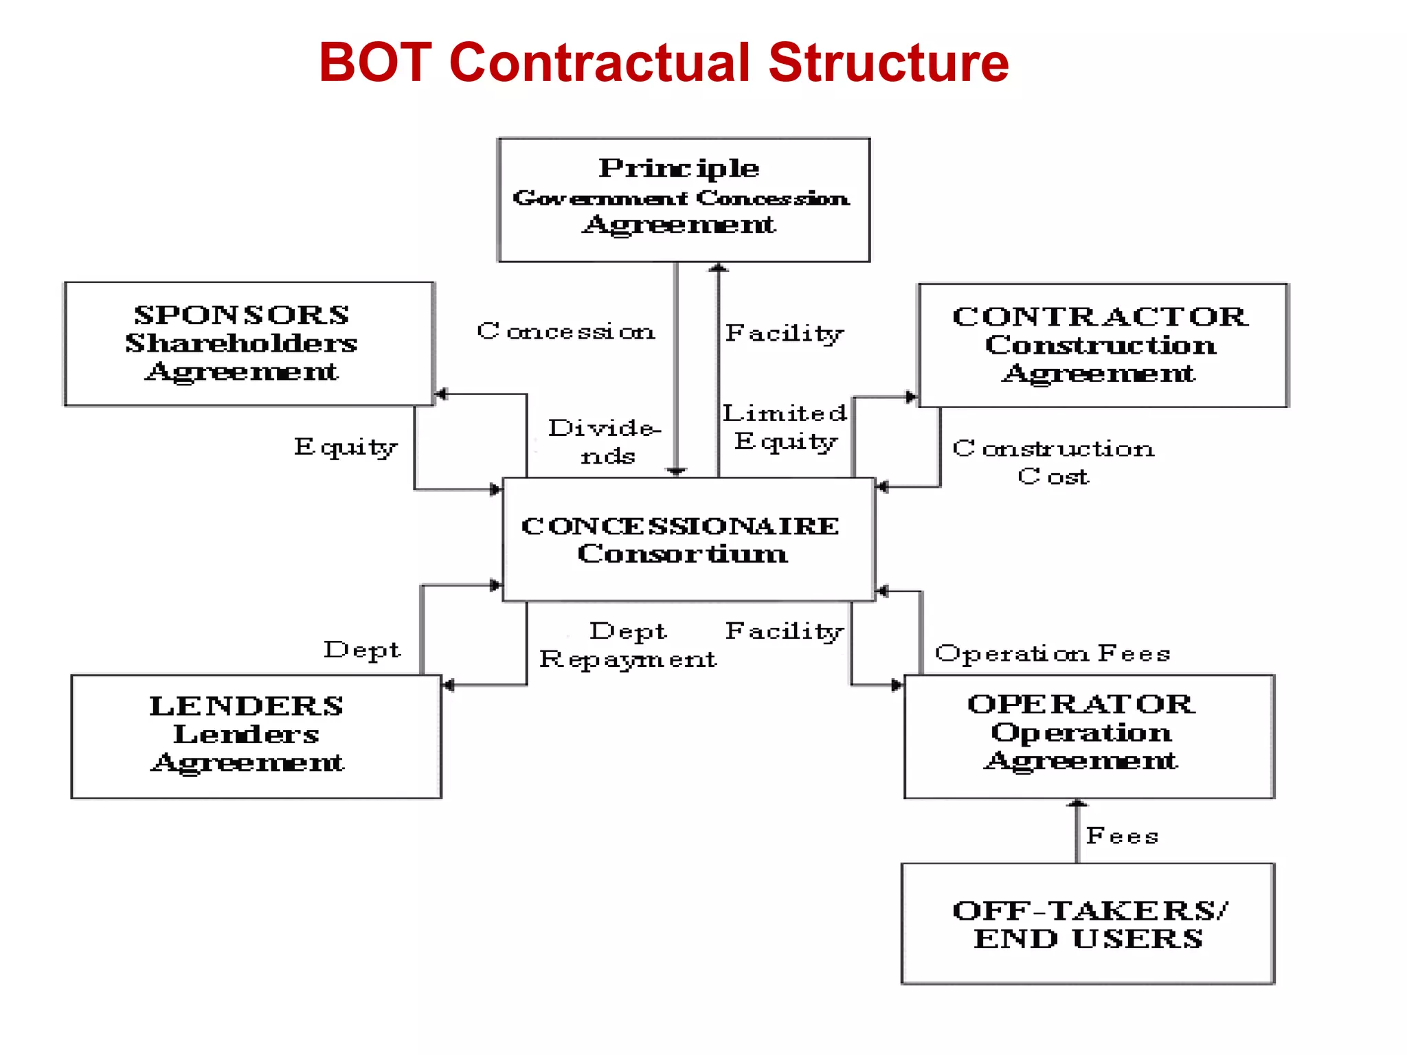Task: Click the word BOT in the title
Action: [375, 63]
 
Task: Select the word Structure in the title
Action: [888, 63]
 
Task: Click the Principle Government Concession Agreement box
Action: [684, 199]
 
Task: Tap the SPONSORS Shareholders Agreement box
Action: [249, 343]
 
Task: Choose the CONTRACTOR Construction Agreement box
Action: [1102, 345]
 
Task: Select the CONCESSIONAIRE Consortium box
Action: [688, 539]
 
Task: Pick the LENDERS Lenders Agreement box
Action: [256, 736]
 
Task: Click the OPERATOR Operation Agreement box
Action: [1088, 736]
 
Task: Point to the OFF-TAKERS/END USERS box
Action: [1087, 923]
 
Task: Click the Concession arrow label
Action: [566, 332]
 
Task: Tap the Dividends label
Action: [605, 442]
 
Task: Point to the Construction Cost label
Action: [1053, 462]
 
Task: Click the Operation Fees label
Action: [1053, 653]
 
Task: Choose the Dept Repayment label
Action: [627, 646]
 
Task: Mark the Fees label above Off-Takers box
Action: [1122, 836]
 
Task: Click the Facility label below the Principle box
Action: [784, 333]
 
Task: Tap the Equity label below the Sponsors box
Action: [346, 447]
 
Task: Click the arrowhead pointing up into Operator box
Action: [1077, 804]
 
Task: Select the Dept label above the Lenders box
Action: [362, 650]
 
